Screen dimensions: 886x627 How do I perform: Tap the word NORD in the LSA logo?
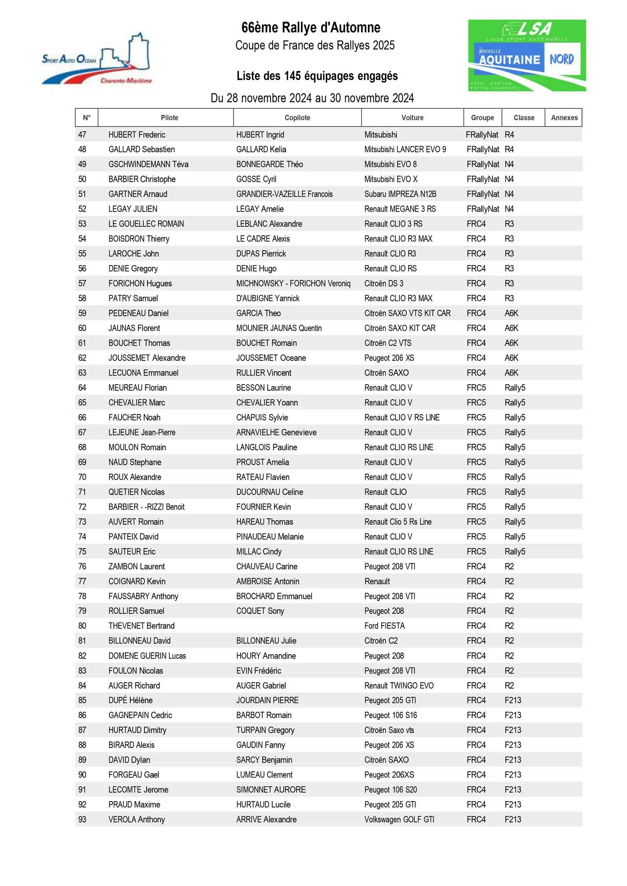pos(561,59)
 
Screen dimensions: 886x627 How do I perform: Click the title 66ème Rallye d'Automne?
pos(311,28)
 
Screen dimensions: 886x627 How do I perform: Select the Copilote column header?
pos(297,118)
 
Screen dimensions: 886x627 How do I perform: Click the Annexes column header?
pos(564,118)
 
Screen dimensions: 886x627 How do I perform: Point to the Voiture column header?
pos(412,118)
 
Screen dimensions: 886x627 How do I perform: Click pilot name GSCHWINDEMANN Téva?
pos(148,164)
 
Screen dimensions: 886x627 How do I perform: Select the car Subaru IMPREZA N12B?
pos(400,194)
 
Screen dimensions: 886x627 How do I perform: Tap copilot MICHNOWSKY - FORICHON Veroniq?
pos(293,284)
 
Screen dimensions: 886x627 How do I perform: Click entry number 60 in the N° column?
pos(82,328)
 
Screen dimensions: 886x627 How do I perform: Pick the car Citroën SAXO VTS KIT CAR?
pos(407,313)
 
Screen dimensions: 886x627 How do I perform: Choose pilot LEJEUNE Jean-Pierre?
pos(141,433)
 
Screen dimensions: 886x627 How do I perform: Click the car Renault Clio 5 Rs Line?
pos(398,522)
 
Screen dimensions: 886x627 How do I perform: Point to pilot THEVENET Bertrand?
pos(141,626)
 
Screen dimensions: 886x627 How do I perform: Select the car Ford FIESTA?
pos(384,626)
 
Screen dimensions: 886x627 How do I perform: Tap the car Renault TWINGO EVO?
pos(399,686)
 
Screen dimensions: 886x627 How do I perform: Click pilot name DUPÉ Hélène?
pos(130,700)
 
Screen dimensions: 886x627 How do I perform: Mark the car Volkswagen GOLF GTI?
pos(399,820)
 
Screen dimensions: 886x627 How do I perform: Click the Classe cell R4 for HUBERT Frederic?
pos(509,135)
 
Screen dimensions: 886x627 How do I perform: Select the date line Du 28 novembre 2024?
pos(312,98)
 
